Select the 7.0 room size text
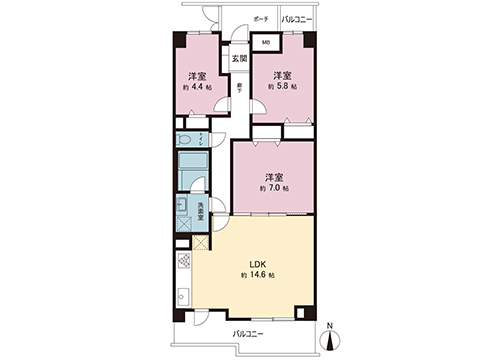tap(276, 189)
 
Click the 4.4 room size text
tap(198, 87)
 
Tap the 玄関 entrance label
tap(239, 59)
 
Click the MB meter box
tap(265, 43)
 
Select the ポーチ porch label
tap(260, 20)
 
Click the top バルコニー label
tap(296, 20)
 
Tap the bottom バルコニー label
tap(248, 334)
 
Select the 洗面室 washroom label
tap(200, 212)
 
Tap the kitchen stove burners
tap(184, 263)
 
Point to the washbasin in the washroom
tap(183, 209)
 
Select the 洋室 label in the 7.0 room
tap(274, 176)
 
